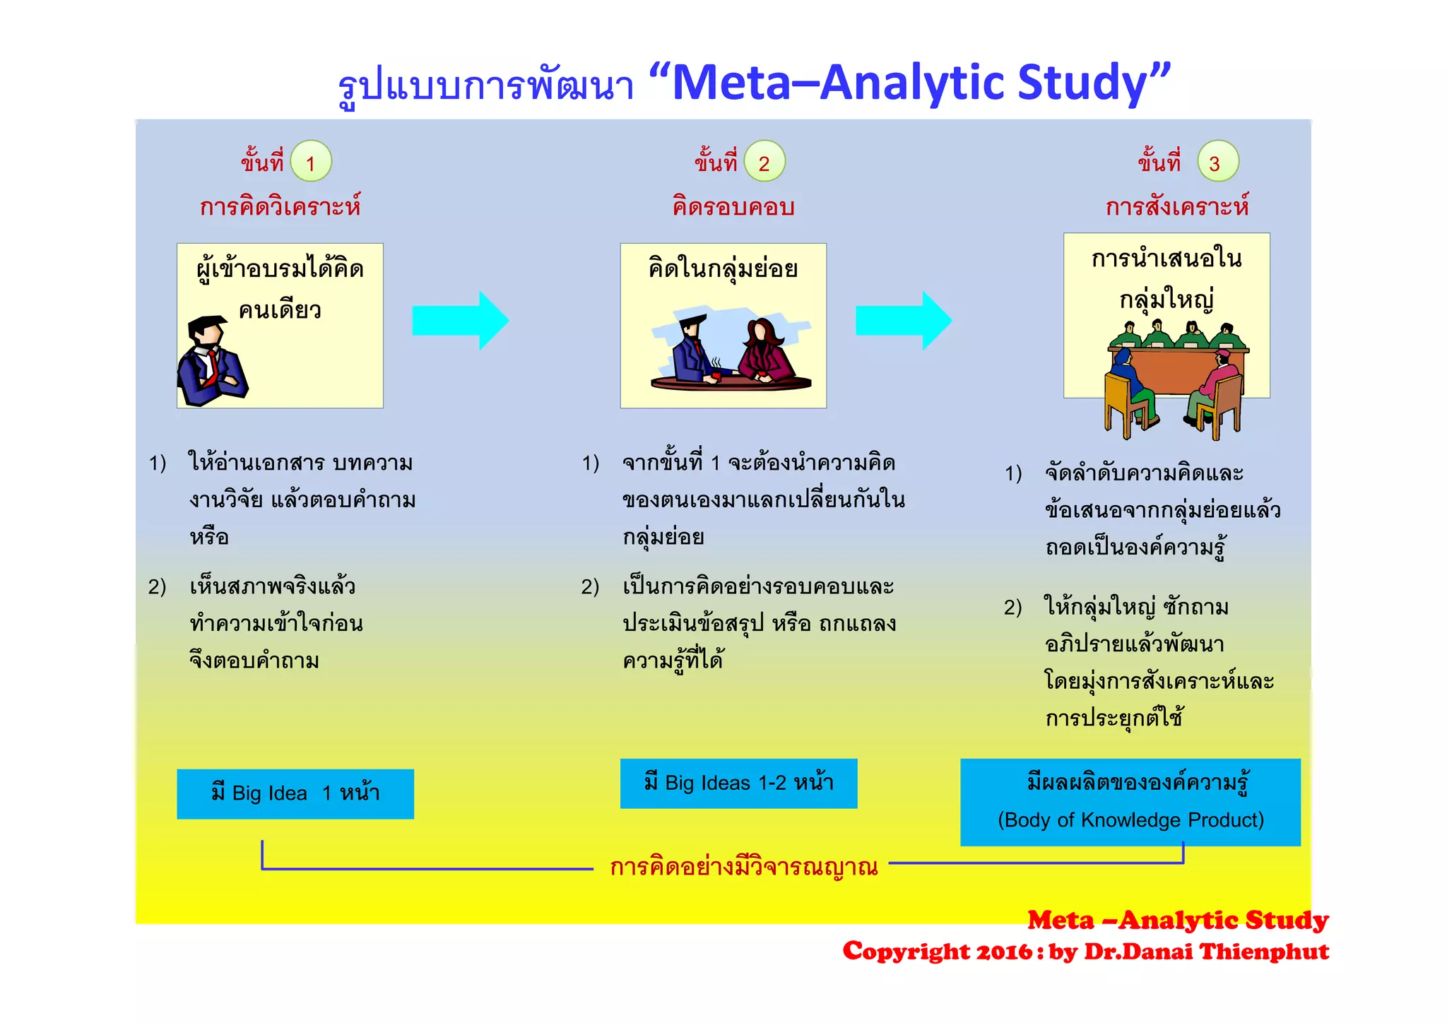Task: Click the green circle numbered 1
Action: point(311,162)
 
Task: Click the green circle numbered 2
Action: point(764,162)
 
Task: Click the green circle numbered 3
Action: point(1217,162)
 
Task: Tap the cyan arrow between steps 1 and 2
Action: point(460,320)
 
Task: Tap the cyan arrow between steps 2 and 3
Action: point(903,320)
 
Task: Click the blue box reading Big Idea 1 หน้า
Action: point(295,794)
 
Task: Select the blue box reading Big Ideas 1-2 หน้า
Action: point(738,783)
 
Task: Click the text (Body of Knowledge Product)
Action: point(1130,820)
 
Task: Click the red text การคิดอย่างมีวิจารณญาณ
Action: point(743,867)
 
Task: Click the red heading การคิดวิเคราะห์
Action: point(280,207)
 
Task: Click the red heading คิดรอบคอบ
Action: point(733,207)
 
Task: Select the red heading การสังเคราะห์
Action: point(1177,207)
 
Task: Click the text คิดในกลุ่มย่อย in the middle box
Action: point(723,269)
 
